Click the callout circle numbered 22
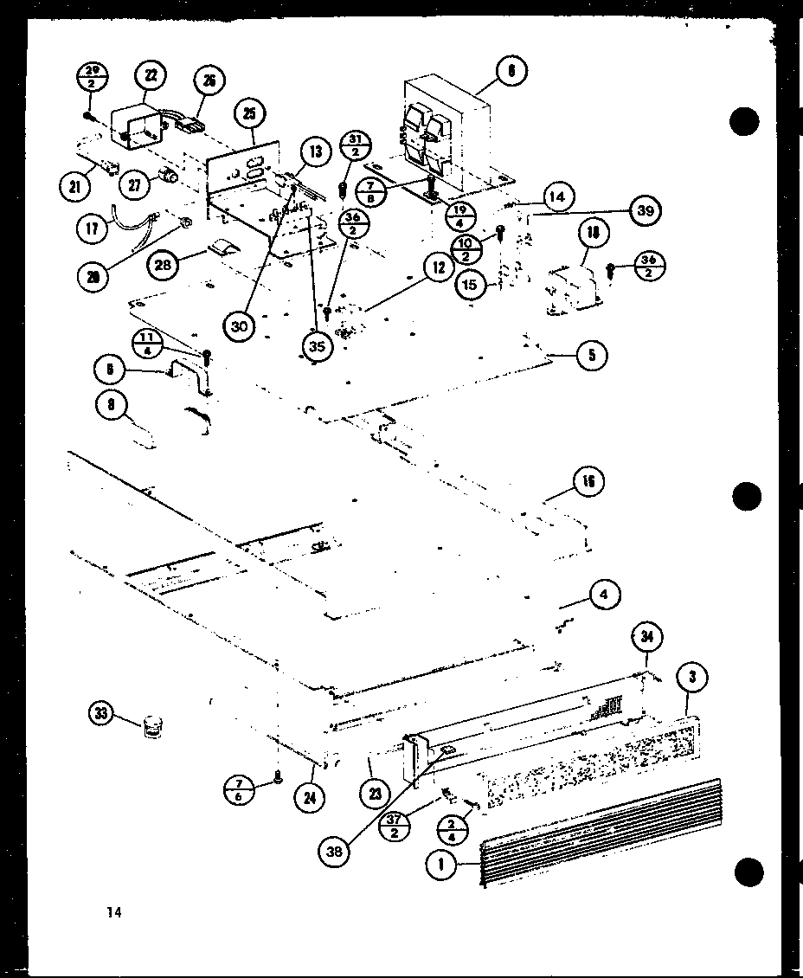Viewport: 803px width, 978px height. pos(151,77)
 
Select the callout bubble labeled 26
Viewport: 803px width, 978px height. pos(209,81)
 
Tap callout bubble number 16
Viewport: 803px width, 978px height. pos(588,481)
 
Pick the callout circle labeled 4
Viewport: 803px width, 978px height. pos(605,595)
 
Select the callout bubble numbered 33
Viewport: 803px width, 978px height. pos(101,714)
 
